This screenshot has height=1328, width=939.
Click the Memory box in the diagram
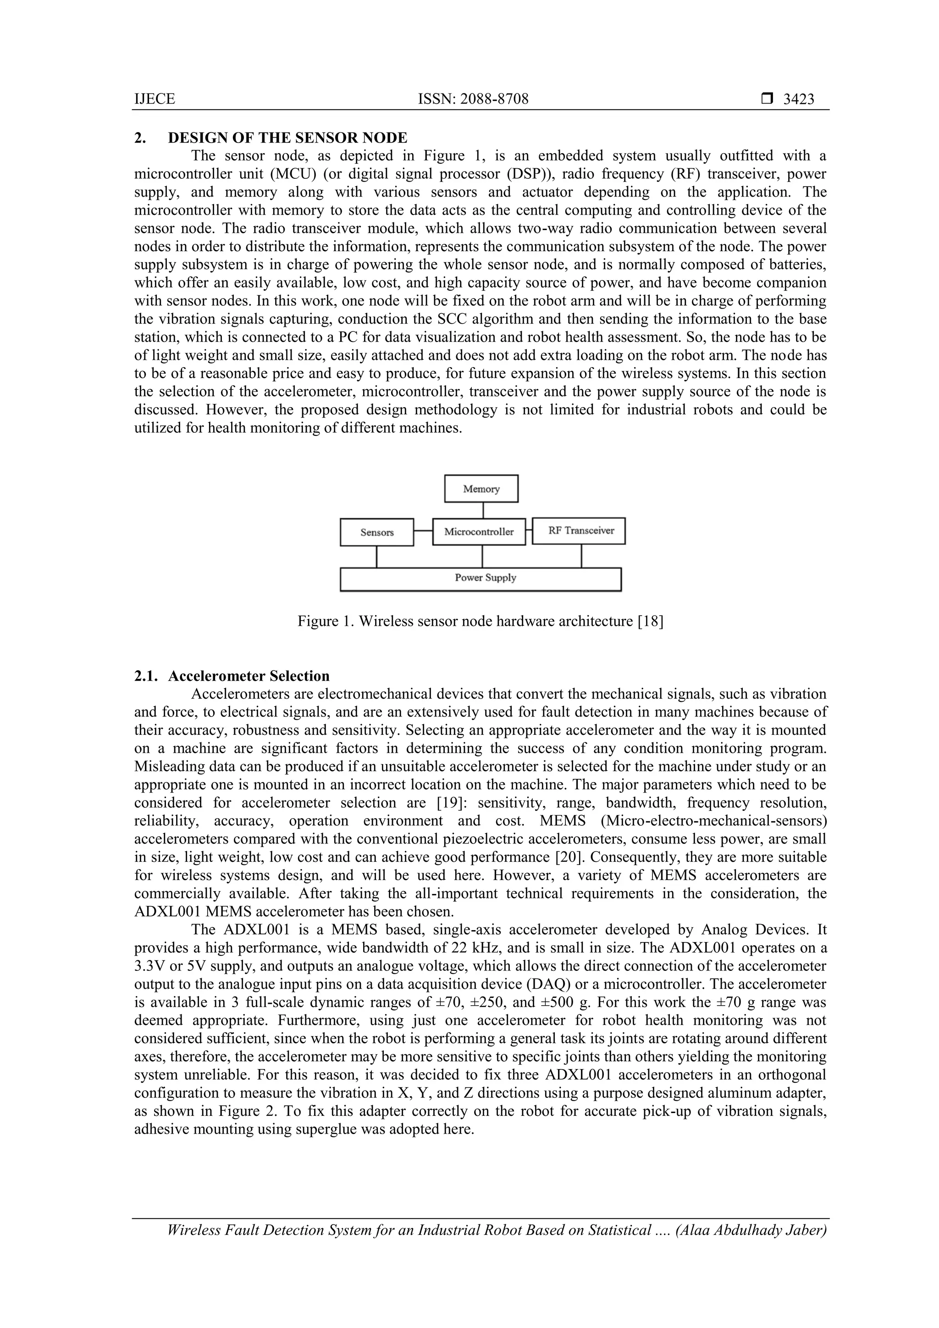(481, 489)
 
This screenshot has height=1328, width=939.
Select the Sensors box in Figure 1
(376, 532)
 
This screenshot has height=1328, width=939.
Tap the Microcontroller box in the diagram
(479, 532)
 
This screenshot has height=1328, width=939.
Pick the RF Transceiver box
(579, 530)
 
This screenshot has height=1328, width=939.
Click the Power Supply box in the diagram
(480, 579)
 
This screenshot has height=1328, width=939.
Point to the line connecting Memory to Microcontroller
(483, 510)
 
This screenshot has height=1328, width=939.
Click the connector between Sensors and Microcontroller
(423, 531)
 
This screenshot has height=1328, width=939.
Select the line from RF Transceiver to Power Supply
(581, 556)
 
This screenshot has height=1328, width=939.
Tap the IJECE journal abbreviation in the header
(155, 99)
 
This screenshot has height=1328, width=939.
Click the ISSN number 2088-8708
(493, 99)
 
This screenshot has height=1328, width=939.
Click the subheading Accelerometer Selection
(249, 676)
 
